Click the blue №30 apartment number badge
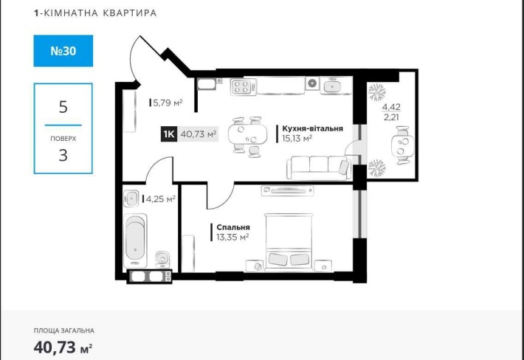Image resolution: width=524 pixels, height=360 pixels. [63, 51]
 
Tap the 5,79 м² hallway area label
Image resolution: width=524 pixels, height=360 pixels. [166, 103]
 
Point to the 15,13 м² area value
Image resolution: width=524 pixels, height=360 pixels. [297, 137]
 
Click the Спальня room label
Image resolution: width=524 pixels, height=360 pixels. [232, 227]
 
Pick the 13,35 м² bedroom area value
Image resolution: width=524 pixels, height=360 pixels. [232, 237]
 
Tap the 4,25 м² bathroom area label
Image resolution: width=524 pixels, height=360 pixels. [160, 198]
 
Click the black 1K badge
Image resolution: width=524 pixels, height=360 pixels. [168, 134]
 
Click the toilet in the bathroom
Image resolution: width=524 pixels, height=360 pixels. [162, 258]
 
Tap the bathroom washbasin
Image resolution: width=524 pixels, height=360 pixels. [132, 198]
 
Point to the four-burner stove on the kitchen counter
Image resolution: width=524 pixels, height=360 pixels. [241, 86]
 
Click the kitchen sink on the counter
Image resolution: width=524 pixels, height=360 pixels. [336, 86]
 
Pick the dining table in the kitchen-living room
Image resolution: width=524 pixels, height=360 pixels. [244, 134]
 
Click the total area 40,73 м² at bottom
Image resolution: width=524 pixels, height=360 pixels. [63, 346]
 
